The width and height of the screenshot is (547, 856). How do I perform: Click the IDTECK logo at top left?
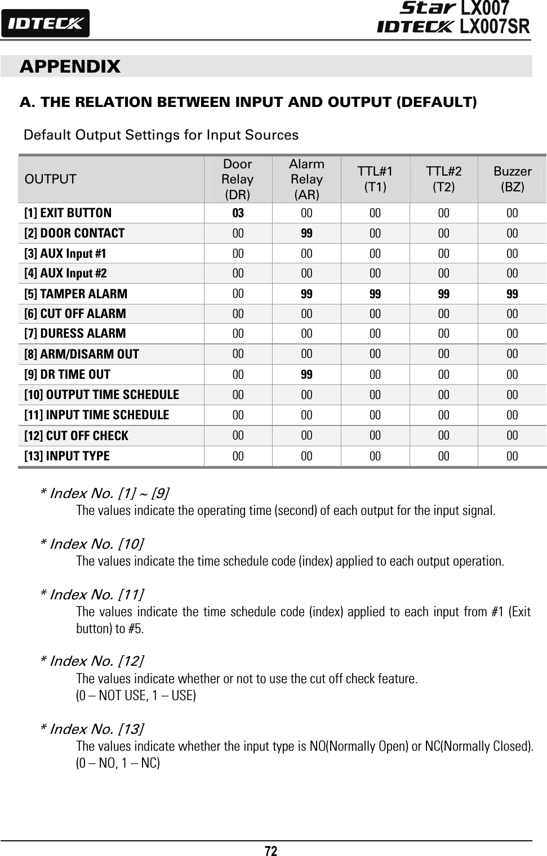(x=45, y=24)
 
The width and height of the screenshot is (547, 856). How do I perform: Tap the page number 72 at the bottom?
(x=271, y=850)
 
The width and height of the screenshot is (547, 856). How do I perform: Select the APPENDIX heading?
(x=70, y=66)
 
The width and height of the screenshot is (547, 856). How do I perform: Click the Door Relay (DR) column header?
(x=238, y=179)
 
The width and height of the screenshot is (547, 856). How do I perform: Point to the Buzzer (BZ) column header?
(x=512, y=179)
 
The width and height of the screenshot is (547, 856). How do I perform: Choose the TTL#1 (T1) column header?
(x=375, y=179)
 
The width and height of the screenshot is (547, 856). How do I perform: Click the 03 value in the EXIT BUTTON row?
(x=238, y=213)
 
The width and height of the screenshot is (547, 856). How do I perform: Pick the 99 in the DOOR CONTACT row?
(x=306, y=233)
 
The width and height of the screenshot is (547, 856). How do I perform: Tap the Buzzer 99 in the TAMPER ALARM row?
(x=512, y=294)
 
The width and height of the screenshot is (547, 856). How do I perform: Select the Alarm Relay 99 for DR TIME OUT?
(x=306, y=374)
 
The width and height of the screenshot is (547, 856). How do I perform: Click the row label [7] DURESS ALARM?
(x=75, y=333)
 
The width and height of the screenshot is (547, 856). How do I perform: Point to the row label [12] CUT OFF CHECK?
(x=76, y=436)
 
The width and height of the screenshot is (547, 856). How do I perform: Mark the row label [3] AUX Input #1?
(x=65, y=253)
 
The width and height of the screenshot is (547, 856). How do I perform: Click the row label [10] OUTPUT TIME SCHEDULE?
(x=101, y=395)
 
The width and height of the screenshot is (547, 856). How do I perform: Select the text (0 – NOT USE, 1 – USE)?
(x=136, y=696)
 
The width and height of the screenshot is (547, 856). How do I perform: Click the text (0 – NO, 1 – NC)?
(x=118, y=764)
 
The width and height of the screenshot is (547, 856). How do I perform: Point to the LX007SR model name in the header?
(x=495, y=26)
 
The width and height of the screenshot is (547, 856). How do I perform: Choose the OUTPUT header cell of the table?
(x=51, y=179)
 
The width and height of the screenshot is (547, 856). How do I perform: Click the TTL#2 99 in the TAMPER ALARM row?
(x=443, y=294)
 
